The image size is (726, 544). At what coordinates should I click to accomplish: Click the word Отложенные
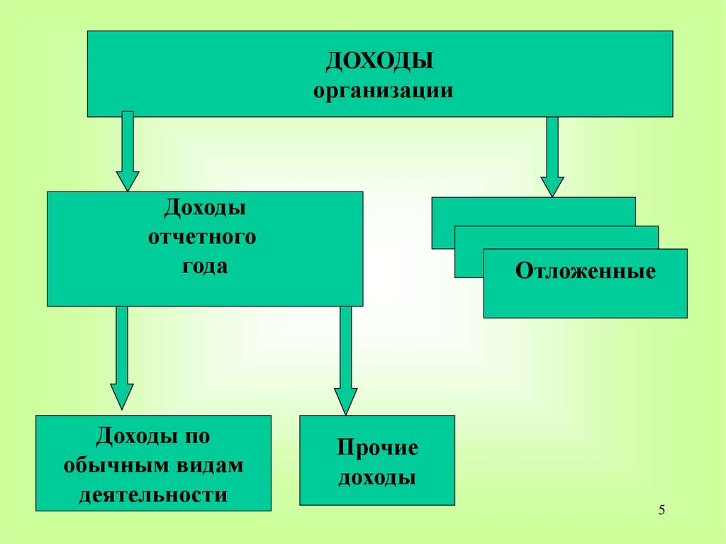585,272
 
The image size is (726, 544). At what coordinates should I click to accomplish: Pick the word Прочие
377,449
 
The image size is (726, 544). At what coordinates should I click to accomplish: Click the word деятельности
153,494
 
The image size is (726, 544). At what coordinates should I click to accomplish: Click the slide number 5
661,510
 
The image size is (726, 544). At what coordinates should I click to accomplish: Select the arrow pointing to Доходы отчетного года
128,150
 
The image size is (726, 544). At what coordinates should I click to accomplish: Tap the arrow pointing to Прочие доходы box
346,360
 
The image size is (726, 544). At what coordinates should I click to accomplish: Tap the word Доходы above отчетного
206,208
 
